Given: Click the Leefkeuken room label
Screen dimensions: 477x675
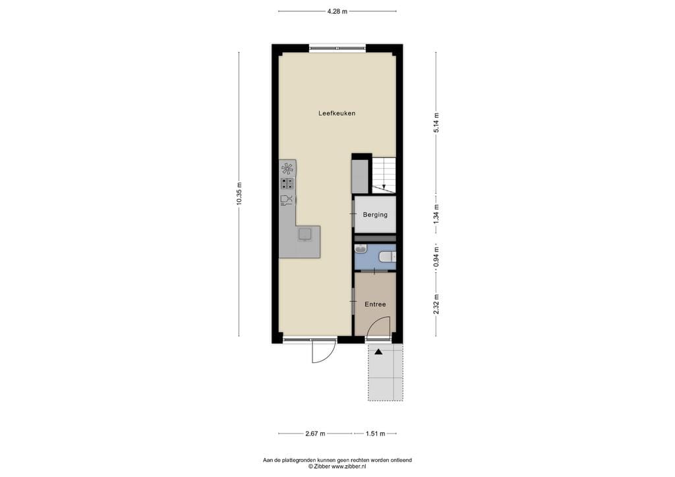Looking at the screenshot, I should (337, 113).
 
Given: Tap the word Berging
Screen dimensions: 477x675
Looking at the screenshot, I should (375, 215).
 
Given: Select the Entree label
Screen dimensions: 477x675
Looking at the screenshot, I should (375, 304).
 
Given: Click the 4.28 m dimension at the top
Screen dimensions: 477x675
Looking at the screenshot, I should (337, 11).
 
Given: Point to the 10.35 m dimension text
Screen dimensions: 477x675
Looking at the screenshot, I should (239, 194).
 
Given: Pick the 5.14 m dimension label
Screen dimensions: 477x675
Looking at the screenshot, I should (436, 123).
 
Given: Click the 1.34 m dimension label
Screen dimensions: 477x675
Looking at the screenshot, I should (436, 214).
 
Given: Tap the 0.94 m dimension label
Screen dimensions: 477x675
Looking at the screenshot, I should (436, 257).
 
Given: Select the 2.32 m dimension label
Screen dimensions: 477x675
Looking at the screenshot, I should (436, 304).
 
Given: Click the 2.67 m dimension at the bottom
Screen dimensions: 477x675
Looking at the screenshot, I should (315, 434).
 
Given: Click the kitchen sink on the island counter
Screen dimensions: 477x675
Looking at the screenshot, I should (305, 235).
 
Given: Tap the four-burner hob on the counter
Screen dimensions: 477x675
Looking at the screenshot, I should (287, 184).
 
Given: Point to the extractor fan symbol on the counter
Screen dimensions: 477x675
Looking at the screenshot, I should (287, 168).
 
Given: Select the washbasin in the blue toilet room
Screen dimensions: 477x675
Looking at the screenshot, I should (360, 249).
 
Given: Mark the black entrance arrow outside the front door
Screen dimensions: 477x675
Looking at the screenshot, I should (378, 352).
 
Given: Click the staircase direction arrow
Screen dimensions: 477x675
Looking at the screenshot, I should (384, 186).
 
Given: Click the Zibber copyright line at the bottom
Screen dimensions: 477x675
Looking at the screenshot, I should (337, 466).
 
